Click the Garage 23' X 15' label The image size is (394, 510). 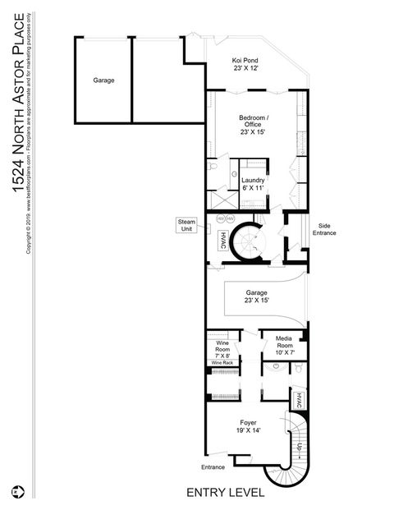click(258, 296)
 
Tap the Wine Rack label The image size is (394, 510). click(222, 362)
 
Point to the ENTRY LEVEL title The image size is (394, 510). click(225, 493)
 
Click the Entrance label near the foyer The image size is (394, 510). click(213, 467)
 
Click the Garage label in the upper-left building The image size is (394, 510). click(103, 80)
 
